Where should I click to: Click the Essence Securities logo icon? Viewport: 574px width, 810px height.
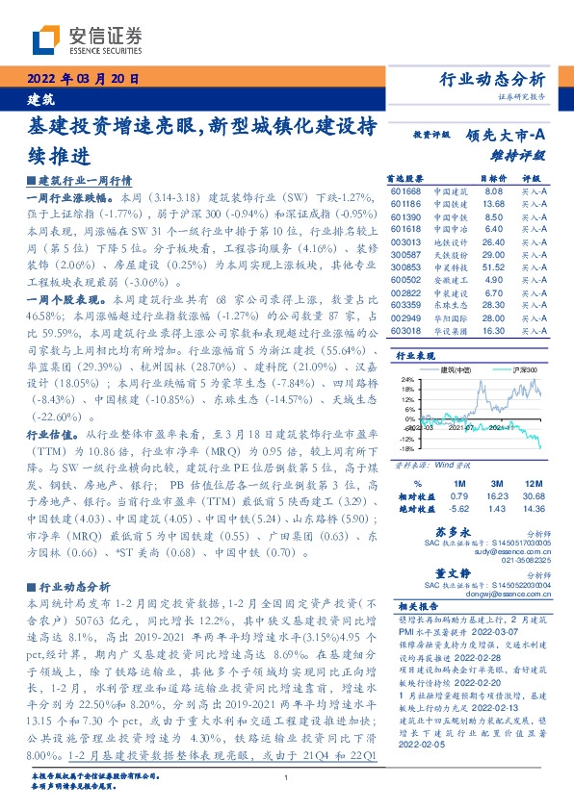click(x=45, y=39)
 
